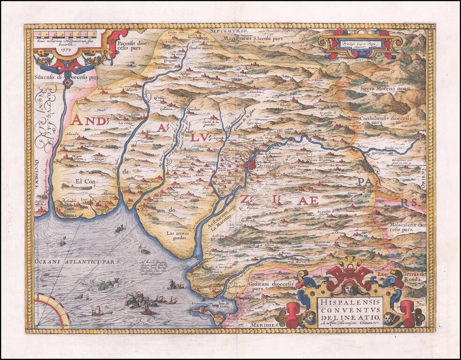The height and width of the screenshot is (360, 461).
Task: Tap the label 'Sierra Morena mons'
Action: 384,88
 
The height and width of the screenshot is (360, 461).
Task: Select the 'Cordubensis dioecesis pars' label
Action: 385,122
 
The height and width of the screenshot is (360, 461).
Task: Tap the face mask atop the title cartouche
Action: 352,285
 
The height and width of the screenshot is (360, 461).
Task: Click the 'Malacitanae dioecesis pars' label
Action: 406,227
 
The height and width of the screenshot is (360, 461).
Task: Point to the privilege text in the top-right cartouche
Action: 359,43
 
